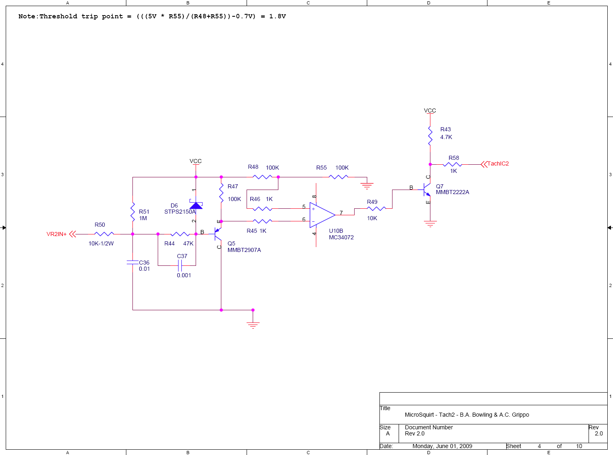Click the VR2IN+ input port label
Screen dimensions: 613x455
point(57,234)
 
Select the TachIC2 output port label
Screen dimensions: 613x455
point(498,163)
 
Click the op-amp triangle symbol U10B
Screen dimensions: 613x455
point(322,215)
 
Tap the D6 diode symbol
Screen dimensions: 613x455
point(196,205)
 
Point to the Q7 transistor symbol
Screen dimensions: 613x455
point(427,190)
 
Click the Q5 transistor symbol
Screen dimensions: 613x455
point(218,234)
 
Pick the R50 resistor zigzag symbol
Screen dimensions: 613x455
point(104,234)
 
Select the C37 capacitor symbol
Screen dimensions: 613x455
point(180,266)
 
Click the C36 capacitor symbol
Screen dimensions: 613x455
point(132,262)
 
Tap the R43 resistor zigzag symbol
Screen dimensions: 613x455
point(430,136)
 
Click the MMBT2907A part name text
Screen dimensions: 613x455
point(244,250)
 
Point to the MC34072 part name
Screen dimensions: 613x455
point(341,237)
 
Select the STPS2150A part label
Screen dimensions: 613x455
point(180,212)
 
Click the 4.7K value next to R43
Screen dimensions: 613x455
point(446,137)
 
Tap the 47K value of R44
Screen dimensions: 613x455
point(188,243)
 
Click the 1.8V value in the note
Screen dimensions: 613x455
point(278,16)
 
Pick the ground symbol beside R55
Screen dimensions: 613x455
point(367,186)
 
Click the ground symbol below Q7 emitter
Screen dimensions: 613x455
point(430,224)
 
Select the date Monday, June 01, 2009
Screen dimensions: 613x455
point(442,446)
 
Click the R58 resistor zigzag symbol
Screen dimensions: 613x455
point(452,164)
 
